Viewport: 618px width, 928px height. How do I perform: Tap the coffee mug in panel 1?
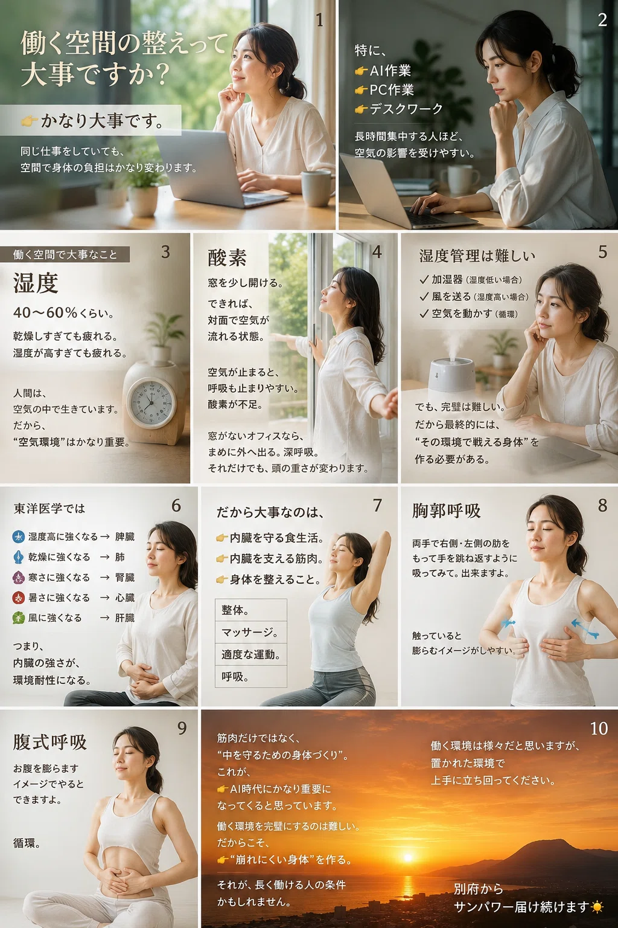click(x=317, y=188)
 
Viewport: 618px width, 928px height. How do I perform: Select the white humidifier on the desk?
click(x=452, y=375)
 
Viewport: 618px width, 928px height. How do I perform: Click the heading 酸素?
click(x=227, y=258)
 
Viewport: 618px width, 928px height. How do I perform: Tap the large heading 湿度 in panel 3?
click(x=36, y=283)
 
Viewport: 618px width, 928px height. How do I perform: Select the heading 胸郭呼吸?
click(x=446, y=511)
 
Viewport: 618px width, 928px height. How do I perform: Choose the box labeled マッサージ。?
click(x=251, y=632)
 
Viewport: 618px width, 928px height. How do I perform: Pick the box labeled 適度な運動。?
click(x=251, y=654)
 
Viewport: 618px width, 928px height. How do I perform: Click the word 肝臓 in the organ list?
click(x=124, y=618)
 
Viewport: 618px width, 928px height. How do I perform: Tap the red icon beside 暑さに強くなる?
click(x=18, y=598)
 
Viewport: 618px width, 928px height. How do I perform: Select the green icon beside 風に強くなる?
click(x=18, y=618)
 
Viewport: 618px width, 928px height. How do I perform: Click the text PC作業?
click(x=391, y=89)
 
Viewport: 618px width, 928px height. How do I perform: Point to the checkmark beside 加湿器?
click(x=424, y=280)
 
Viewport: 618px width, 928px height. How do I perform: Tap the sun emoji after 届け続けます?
click(x=597, y=907)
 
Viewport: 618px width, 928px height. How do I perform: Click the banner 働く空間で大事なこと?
click(x=65, y=254)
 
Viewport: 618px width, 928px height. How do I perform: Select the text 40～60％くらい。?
click(x=63, y=313)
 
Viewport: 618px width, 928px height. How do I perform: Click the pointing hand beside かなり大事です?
click(x=29, y=121)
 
